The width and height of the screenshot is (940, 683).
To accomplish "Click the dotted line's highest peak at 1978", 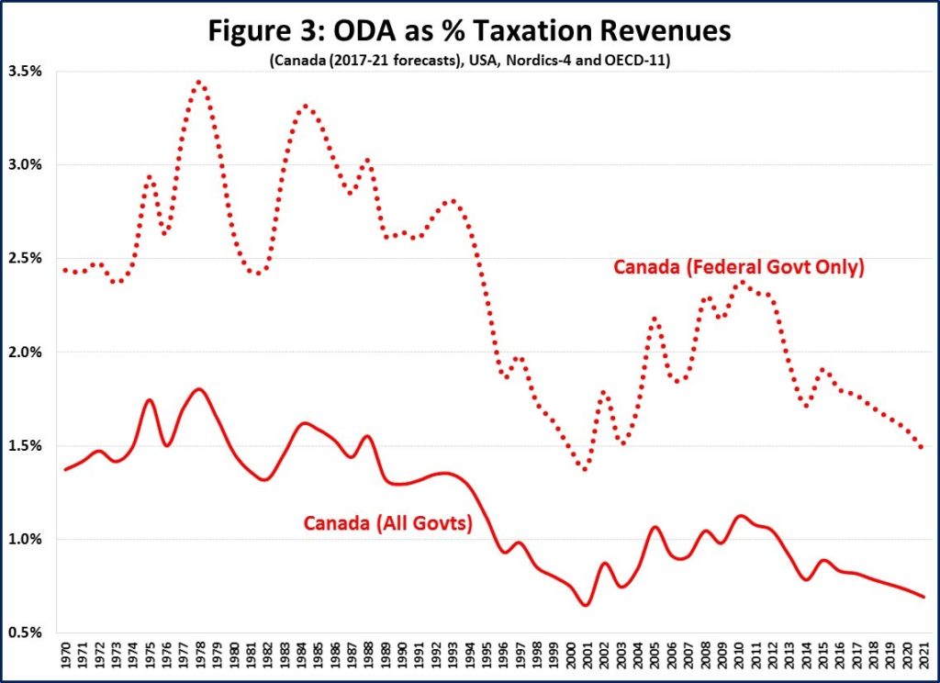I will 199,82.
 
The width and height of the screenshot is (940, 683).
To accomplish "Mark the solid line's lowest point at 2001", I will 586,605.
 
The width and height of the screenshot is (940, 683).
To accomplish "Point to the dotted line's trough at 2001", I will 586,469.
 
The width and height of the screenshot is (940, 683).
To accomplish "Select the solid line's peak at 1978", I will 199,389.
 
